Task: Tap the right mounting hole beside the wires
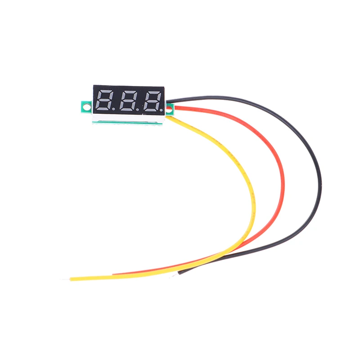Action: (170, 108)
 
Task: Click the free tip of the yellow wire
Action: (71, 279)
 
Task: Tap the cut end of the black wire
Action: (180, 272)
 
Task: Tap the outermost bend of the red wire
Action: (283, 180)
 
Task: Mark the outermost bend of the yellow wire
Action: (255, 202)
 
